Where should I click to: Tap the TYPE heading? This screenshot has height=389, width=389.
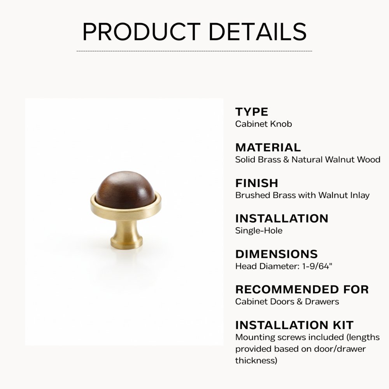(252, 112)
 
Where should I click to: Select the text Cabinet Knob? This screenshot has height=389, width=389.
(263, 124)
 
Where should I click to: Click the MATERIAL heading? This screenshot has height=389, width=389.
(268, 147)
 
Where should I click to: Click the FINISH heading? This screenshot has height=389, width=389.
(257, 183)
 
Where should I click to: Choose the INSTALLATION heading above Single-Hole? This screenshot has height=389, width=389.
(282, 218)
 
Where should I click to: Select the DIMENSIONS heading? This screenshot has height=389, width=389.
(276, 254)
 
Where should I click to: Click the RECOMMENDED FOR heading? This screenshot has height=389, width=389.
(302, 289)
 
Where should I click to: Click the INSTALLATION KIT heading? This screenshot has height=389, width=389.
(294, 325)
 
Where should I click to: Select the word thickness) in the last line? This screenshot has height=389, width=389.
(256, 361)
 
